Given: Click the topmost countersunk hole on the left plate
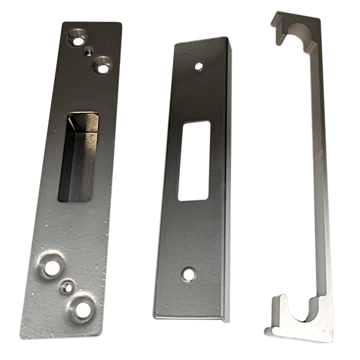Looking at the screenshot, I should point(77,38).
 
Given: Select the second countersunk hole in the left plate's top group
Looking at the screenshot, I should point(103,64).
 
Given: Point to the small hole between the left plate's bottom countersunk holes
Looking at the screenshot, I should point(64,287).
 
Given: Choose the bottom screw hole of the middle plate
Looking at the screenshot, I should point(189,274).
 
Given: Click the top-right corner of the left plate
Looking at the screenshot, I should point(122,24).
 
